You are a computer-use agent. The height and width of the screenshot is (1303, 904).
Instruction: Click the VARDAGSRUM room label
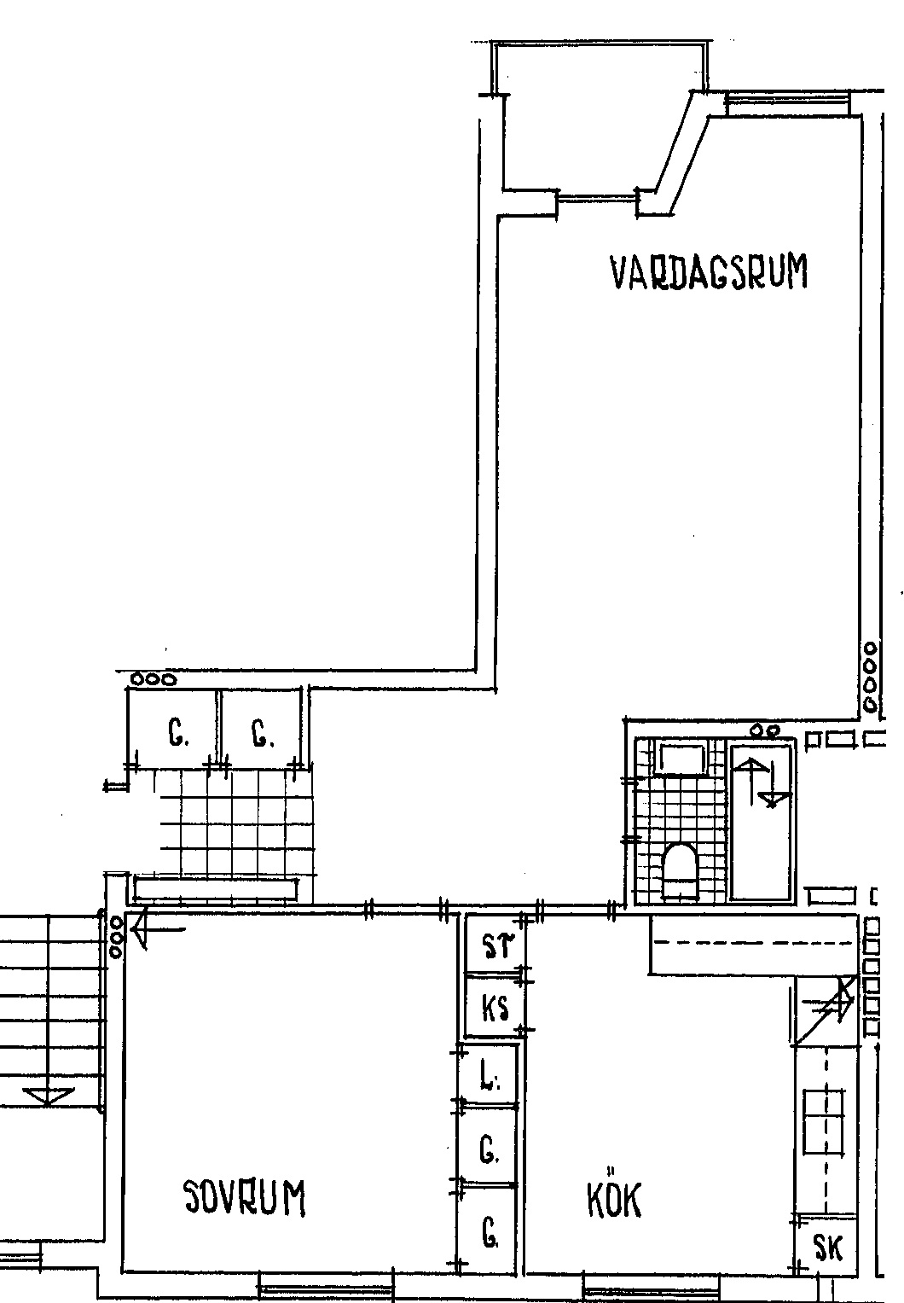709,271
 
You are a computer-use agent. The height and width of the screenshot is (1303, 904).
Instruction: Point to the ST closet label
499,946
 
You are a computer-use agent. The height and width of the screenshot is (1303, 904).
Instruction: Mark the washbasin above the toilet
681,758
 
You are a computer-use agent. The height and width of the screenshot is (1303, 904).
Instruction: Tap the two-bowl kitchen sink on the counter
823,1121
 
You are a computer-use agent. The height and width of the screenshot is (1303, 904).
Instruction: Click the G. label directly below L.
489,1149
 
